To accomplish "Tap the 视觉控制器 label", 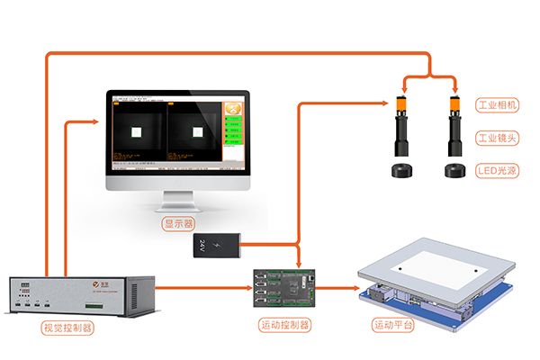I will coord(67,328).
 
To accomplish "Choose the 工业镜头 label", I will coord(496,138).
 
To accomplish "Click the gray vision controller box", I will coord(81,295).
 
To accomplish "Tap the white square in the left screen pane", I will coord(138,131).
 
